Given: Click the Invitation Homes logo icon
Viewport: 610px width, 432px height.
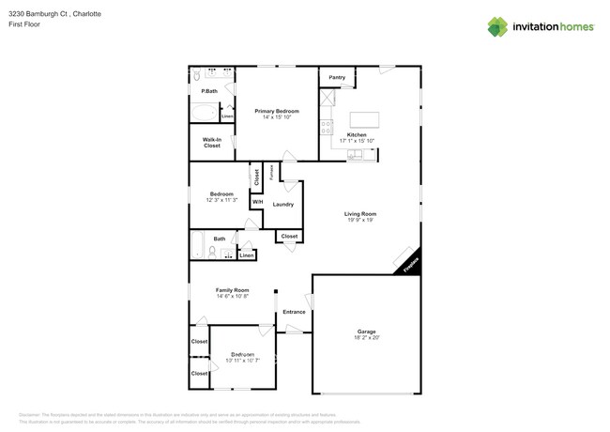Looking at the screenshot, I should tap(498, 26).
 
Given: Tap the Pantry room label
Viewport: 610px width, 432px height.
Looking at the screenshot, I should tap(337, 78).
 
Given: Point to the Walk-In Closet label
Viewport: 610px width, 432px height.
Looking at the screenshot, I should tap(211, 143).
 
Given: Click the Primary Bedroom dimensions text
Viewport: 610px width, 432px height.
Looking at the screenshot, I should tap(276, 117).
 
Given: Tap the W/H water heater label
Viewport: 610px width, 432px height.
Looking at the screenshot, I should tap(256, 201).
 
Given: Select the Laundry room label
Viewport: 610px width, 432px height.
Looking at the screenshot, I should tap(283, 204).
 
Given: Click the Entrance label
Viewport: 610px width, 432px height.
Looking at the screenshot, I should tap(294, 312).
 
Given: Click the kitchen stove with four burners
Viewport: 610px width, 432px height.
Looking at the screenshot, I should tap(326, 125).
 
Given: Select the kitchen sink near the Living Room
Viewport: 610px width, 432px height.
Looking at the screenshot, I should tap(357, 154).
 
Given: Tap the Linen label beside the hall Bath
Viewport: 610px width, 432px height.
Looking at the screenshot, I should tap(246, 255).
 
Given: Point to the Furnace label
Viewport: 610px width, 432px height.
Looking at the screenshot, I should tap(272, 173).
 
